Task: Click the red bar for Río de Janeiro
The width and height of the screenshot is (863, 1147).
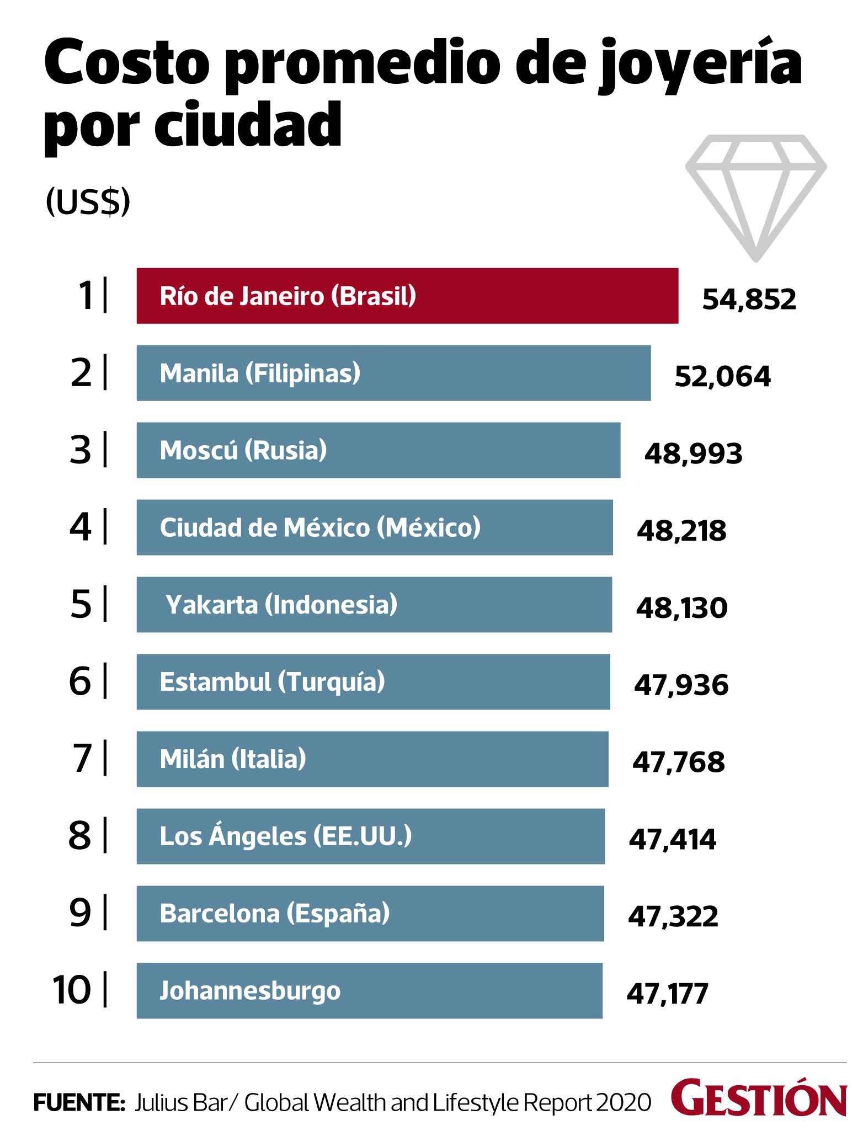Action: (407, 296)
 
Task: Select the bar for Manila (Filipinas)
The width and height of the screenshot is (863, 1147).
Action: (393, 373)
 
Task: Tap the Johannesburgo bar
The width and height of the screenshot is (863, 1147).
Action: (369, 991)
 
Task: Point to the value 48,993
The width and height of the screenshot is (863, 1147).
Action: (693, 454)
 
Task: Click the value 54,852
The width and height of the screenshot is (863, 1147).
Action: (749, 300)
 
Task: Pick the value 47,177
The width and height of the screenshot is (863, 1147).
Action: (667, 994)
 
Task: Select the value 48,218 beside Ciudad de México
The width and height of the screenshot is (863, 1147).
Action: (681, 531)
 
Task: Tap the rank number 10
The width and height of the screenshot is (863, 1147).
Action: (72, 990)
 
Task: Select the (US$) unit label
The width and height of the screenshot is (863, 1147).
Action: (88, 202)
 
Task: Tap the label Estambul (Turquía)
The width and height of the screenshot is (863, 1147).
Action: (272, 682)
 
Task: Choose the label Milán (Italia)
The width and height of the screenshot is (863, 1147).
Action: (233, 759)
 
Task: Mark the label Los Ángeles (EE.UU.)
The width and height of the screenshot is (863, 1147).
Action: (286, 836)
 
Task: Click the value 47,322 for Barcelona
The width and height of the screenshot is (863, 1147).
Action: (673, 917)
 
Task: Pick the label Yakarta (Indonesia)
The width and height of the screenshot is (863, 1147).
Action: (281, 605)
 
